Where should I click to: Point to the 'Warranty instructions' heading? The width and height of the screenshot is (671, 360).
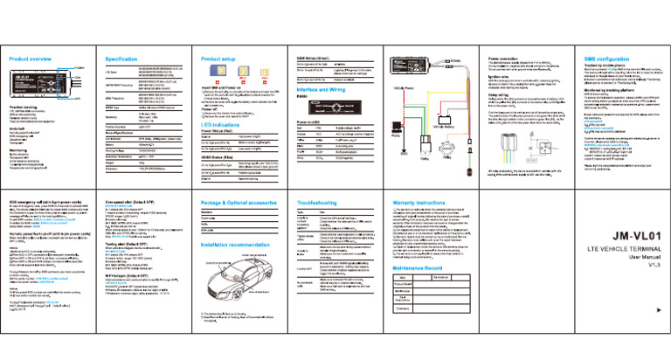pyautogui.click(x=450, y=200)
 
